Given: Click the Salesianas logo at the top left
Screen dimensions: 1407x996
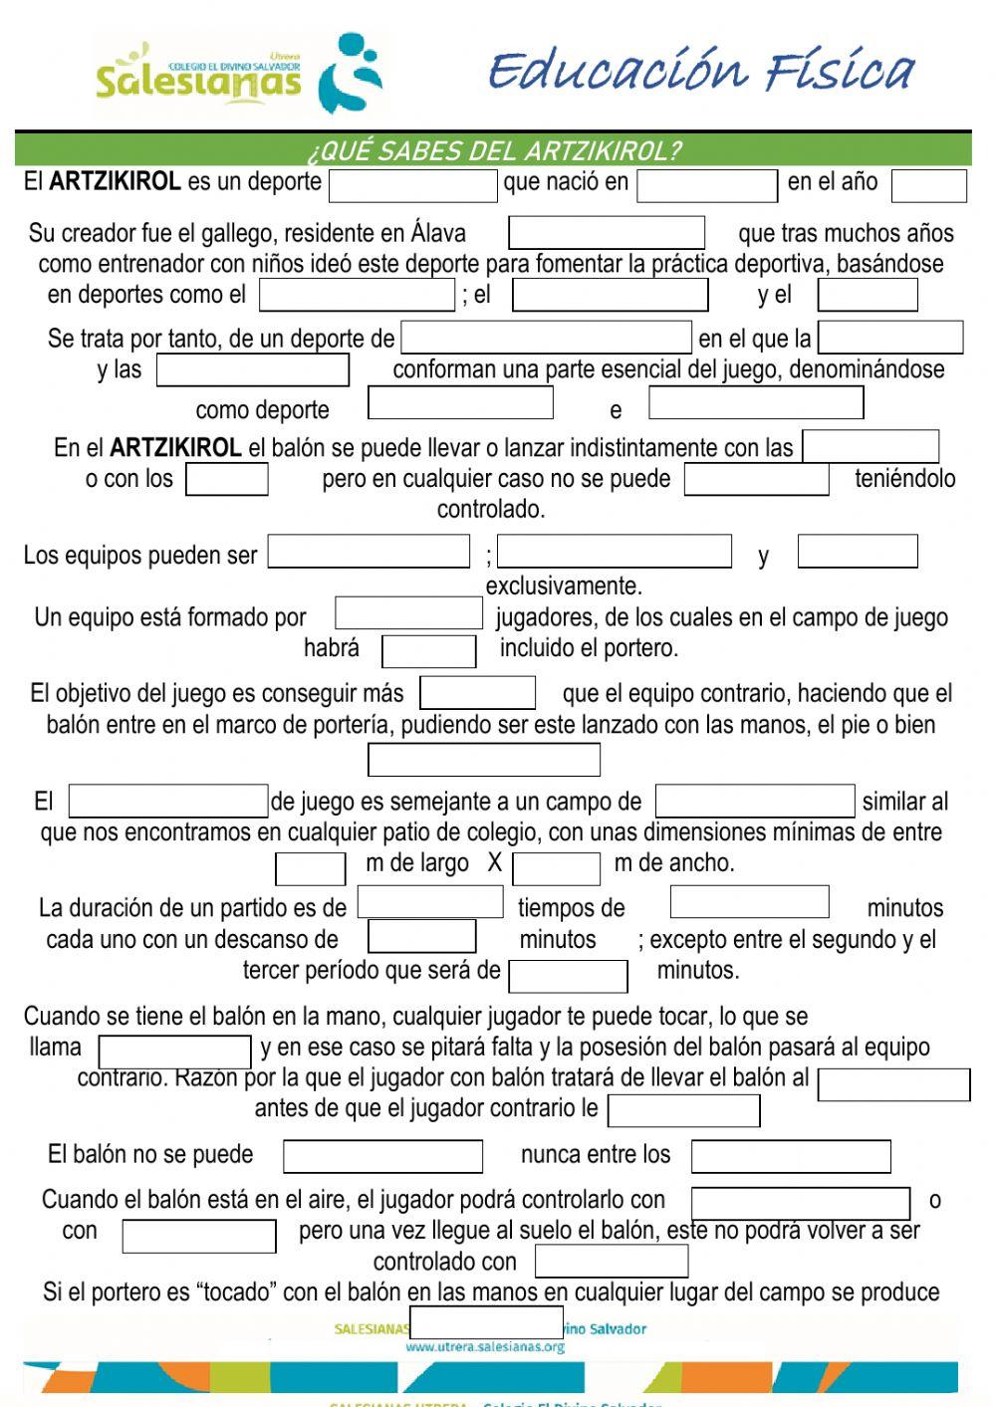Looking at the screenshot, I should pos(239,75).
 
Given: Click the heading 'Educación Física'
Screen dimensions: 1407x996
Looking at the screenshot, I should pos(701,72).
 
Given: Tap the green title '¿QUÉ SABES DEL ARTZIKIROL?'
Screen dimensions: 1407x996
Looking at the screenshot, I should pos(494,151).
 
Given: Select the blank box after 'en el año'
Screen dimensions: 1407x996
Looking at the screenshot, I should pos(928,186).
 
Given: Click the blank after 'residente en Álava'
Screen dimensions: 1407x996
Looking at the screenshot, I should pos(607,233).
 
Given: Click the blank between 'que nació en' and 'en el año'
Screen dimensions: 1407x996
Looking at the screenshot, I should pos(707,186).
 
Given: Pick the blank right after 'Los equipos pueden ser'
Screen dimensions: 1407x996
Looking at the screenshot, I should pos(369,552).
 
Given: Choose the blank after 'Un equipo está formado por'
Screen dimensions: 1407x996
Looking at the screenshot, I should pos(408,613).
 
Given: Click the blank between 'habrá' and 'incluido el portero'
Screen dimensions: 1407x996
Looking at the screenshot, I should pos(428,651).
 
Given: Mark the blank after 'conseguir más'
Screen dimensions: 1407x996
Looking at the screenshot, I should pos(478,693).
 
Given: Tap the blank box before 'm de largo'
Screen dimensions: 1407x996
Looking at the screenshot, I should pos(310,868).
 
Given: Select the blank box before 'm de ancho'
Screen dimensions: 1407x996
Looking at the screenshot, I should pos(556,868).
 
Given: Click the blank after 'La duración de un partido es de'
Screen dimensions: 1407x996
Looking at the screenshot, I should pos(430,902).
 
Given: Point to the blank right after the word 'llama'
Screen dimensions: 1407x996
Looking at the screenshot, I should pos(175,1052).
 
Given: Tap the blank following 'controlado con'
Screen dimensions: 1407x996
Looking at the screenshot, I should pos(612,1261).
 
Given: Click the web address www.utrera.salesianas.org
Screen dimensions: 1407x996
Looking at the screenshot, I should pos(485,1347).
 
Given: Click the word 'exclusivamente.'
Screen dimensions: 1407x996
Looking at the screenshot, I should pos(564,586).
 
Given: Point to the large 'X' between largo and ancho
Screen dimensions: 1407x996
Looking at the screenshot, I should pos(494,863).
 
